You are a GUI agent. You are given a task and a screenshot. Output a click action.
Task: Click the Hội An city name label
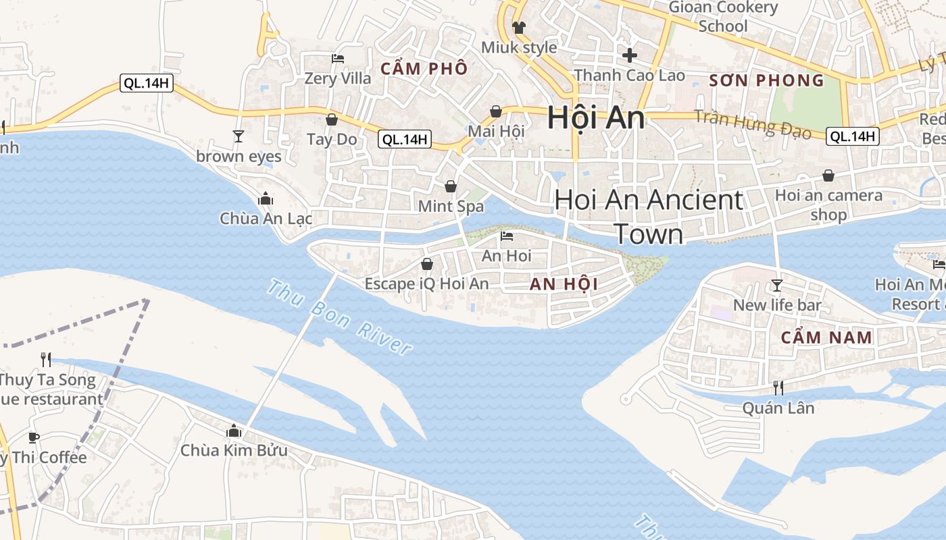pos(595,117)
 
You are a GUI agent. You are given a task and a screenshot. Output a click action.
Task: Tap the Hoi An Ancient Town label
pos(649,216)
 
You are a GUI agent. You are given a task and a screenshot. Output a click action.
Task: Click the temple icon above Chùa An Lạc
pos(266,199)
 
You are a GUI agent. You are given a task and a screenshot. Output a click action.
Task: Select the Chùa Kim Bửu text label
pos(234,450)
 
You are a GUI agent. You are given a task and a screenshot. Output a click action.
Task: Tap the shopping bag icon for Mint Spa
pos(451,186)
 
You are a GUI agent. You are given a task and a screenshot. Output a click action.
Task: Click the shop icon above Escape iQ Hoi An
pos(426,263)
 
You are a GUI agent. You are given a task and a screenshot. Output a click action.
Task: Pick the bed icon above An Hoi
pos(507,236)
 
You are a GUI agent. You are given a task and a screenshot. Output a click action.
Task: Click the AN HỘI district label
pos(564,284)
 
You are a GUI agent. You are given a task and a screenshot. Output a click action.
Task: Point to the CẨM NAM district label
pos(826,337)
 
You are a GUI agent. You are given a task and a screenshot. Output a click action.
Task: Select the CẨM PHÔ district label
pos(424,68)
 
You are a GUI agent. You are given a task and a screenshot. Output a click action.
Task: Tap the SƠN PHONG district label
pos(766,81)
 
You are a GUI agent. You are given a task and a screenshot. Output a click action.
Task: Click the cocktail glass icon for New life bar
pos(777,286)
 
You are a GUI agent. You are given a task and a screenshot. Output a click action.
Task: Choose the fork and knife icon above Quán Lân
pos(778,387)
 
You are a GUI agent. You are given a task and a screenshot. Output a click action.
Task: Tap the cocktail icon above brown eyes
pos(238,136)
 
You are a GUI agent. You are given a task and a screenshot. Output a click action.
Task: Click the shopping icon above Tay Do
pos(332,120)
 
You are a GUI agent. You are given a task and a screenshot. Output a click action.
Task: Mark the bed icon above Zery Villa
pos(338,59)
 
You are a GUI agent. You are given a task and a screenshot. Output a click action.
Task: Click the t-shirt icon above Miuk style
pos(519,28)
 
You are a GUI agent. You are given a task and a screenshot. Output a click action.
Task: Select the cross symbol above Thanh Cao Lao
pos(630,55)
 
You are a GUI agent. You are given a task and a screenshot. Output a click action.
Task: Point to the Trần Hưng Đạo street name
pos(752,123)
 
